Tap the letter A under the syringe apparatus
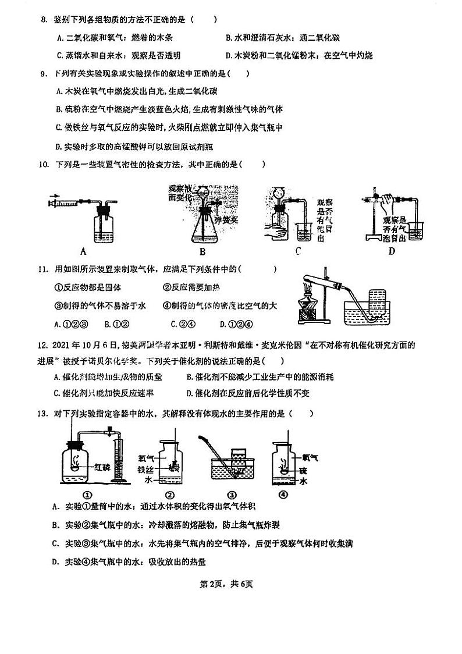coord(83,251)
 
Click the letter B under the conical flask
coord(202,251)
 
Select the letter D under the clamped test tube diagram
coord(392,251)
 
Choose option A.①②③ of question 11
coord(70,324)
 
